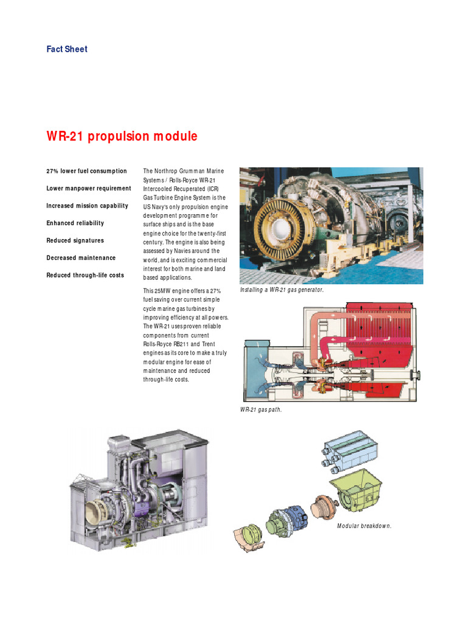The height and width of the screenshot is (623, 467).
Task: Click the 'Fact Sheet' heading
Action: click(67, 49)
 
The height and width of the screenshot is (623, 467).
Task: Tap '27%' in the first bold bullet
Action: click(54, 171)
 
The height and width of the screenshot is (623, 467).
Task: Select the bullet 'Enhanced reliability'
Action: click(75, 223)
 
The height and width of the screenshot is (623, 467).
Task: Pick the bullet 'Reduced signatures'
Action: click(75, 240)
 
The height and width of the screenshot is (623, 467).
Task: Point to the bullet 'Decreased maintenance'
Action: click(81, 258)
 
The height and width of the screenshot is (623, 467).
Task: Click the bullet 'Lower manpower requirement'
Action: click(89, 189)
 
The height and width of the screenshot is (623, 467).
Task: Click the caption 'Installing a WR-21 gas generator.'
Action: click(282, 290)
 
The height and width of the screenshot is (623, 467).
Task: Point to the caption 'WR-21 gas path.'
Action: click(261, 410)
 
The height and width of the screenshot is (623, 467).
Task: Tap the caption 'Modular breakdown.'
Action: click(364, 526)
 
